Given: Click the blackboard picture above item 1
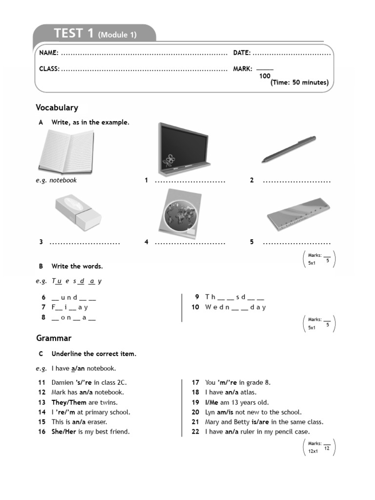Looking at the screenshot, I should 184,149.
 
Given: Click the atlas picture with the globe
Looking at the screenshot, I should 179,212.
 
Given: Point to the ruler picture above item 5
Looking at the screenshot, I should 297,214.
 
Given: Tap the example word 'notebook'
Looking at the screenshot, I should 63,180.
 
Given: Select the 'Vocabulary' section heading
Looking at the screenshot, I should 57,107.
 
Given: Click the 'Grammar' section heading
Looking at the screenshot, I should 54,338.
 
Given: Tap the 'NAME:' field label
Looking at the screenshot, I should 49,53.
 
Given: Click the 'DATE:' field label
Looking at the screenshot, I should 242,53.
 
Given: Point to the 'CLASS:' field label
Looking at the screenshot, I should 49,69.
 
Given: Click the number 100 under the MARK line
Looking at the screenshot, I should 265,76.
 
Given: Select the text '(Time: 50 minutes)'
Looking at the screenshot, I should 299,83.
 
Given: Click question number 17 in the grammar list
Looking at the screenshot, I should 195,382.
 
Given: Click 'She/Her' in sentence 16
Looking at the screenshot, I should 63,432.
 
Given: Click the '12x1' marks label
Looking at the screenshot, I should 313,451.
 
